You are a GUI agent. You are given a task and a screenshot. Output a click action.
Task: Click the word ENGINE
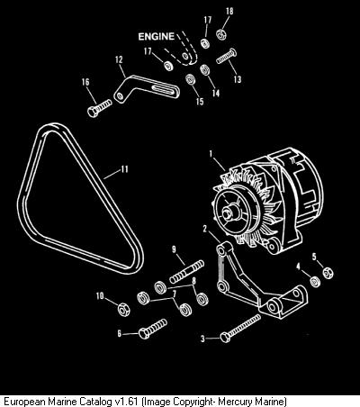pyautogui.click(x=157, y=37)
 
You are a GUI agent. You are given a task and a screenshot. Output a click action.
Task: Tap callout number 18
pyautogui.click(x=229, y=12)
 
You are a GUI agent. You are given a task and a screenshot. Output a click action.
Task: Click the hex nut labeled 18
pyautogui.click(x=221, y=33)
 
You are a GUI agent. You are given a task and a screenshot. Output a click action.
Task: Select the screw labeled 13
pyautogui.click(x=227, y=56)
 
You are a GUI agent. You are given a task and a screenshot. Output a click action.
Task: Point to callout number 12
pyautogui.click(x=119, y=59)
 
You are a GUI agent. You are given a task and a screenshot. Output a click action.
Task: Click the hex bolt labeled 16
pyautogui.click(x=100, y=108)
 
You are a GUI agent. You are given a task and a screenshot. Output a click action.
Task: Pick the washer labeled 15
pyautogui.click(x=191, y=79)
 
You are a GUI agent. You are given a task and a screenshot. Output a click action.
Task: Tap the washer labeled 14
pyautogui.click(x=204, y=70)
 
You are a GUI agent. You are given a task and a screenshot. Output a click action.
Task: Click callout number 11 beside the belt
pyautogui.click(x=124, y=169)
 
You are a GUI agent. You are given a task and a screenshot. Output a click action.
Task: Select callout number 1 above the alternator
pyautogui.click(x=211, y=154)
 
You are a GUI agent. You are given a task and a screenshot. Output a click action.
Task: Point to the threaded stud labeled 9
pyautogui.click(x=187, y=272)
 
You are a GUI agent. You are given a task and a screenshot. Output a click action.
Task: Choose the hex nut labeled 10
pyautogui.click(x=123, y=309)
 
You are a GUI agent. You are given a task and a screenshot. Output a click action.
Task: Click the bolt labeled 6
pyautogui.click(x=152, y=329)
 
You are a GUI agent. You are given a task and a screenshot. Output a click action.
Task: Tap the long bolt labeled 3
pyautogui.click(x=240, y=328)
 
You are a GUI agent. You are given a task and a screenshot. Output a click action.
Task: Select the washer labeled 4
pyautogui.click(x=315, y=281)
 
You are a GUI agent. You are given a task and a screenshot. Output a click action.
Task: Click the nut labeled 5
pyautogui.click(x=328, y=273)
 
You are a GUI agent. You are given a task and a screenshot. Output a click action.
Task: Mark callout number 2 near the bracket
pyautogui.click(x=205, y=229)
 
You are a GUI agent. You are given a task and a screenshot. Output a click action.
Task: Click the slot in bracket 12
pyautogui.click(x=163, y=88)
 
